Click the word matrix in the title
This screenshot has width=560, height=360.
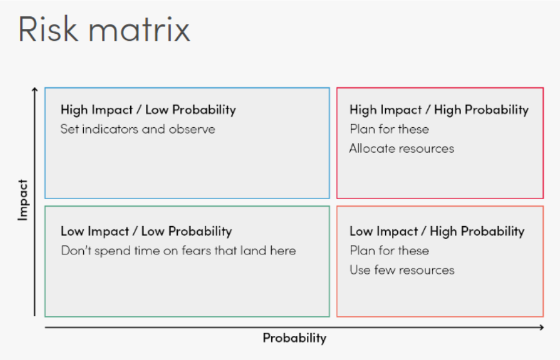139,30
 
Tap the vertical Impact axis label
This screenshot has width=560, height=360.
23,200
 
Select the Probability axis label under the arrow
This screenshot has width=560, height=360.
295,338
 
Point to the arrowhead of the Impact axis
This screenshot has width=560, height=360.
34,89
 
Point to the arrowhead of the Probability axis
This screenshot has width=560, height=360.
541,327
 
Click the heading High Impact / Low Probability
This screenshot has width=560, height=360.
148,110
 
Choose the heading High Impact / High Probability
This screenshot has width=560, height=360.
439,110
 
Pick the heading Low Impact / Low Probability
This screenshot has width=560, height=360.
146,231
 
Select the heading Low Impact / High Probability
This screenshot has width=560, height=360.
437,231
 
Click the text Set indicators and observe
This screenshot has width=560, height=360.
138,129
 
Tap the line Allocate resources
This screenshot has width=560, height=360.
401,148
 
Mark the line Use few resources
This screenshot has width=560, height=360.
402,270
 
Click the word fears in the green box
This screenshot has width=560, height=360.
197,250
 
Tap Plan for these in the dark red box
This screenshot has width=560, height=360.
389,129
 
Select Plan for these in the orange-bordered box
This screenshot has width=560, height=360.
389,250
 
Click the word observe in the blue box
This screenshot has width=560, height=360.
192,129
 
